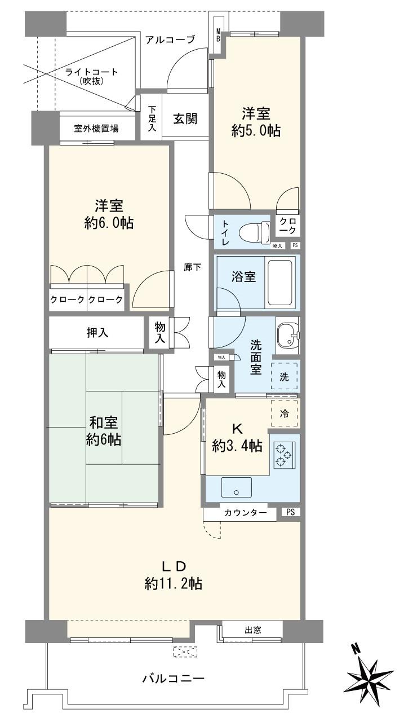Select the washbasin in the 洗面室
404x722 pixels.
click(x=288, y=337)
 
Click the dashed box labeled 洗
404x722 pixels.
click(x=285, y=377)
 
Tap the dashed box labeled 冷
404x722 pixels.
click(x=285, y=413)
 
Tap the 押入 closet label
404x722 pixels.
click(x=97, y=333)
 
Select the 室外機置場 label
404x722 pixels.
click(x=96, y=128)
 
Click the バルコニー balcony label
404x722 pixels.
click(x=173, y=677)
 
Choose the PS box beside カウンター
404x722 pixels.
click(x=290, y=513)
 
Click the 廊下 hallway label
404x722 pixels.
click(x=193, y=267)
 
